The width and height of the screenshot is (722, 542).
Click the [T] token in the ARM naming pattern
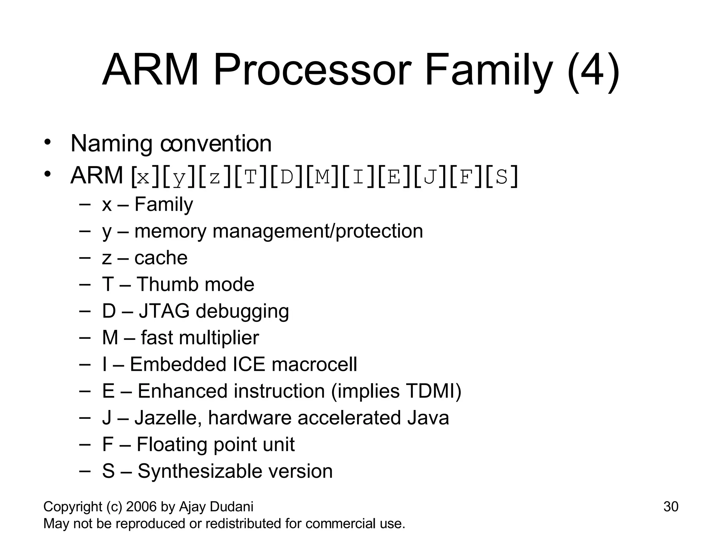[251, 176]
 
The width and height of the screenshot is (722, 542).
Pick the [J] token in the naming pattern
[430, 176]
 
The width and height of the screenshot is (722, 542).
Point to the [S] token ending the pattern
[502, 176]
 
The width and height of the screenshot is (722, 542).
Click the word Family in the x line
[164, 204]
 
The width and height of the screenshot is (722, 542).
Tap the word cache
[161, 258]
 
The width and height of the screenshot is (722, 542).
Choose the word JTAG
[164, 311]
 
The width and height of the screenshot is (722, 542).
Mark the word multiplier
[219, 338]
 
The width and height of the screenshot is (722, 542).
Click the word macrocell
[314, 365]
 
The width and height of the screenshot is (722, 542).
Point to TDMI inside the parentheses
[430, 391]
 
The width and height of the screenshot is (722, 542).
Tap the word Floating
[172, 444]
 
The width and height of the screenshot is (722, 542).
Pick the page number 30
[671, 507]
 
